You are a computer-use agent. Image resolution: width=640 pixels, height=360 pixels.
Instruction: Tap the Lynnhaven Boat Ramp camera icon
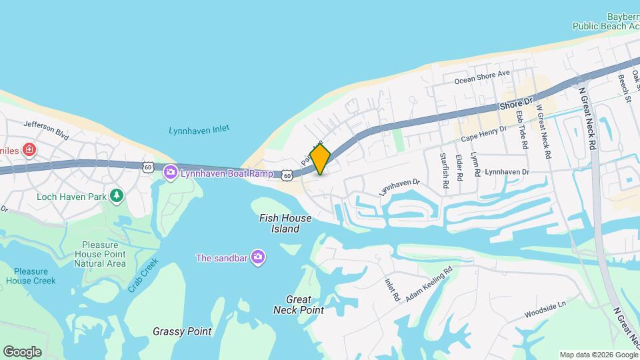click(x=171, y=173)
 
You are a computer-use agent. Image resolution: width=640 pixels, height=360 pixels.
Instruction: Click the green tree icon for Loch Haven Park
click(x=117, y=195)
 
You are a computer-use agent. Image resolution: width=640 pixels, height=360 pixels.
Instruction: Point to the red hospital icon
click(x=29, y=149)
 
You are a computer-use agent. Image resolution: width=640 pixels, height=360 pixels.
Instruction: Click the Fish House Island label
click(x=280, y=223)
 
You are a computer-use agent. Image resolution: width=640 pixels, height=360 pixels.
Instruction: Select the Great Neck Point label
click(x=299, y=305)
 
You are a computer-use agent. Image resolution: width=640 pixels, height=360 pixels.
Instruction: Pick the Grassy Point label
click(x=182, y=331)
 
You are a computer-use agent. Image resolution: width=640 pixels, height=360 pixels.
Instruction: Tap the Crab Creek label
click(x=143, y=275)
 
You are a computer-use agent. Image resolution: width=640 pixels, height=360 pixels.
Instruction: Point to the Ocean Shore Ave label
click(x=482, y=77)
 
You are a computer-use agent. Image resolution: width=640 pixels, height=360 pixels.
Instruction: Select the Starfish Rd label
click(x=443, y=171)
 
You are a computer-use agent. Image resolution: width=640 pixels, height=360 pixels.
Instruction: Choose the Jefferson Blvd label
click(x=47, y=129)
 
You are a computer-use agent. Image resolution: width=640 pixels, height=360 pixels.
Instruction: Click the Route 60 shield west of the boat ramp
click(x=148, y=166)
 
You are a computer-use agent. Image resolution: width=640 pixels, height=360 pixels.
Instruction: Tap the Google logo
click(x=22, y=351)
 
